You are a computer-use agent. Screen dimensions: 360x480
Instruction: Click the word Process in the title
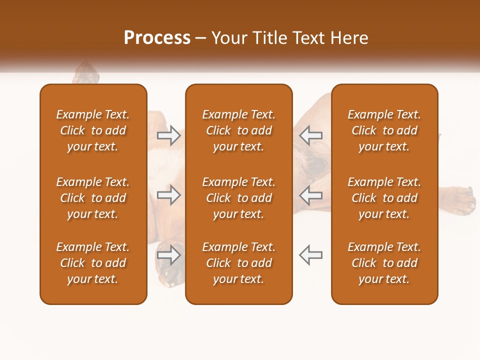point(157,38)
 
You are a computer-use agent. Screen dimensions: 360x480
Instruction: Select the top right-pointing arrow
point(168,135)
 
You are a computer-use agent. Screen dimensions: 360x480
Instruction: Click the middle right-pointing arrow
point(168,195)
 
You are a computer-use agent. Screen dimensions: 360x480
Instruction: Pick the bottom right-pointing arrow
point(168,254)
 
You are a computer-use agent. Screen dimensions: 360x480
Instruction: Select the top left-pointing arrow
point(311,135)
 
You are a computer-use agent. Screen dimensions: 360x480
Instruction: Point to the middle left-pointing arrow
point(311,195)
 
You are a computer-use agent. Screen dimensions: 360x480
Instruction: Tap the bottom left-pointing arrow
point(311,254)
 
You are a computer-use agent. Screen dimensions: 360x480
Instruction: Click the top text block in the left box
point(93,130)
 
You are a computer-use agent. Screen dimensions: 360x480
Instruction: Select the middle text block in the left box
point(93,198)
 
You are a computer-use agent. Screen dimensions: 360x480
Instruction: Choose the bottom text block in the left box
point(93,263)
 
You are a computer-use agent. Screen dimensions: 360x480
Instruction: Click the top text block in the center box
point(238,130)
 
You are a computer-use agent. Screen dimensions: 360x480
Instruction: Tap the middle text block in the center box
point(238,198)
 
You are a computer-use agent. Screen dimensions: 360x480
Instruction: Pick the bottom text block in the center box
point(238,263)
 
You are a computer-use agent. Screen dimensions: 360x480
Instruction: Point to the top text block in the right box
point(384,130)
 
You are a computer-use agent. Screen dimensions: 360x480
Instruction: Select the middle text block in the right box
point(384,198)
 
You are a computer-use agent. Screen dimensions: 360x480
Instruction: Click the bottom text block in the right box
point(384,263)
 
